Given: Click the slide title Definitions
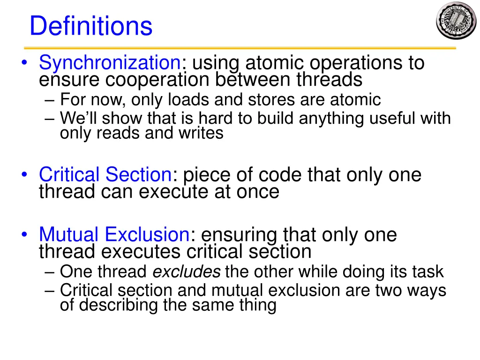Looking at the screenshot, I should click(91, 26).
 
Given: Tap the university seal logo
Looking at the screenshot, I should click(456, 21).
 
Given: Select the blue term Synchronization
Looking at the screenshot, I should click(110, 62).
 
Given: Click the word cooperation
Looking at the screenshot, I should click(157, 80).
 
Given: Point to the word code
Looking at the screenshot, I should click(281, 175).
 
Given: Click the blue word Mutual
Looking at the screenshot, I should click(68, 234).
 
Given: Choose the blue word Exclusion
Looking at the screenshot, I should click(147, 234).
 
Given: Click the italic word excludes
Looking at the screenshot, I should click(187, 271).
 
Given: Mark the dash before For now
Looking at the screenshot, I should click(50, 100).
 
